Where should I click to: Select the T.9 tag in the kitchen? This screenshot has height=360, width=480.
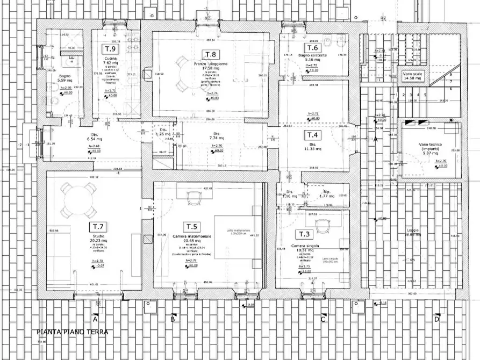108,49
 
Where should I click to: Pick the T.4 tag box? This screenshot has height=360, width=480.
313,135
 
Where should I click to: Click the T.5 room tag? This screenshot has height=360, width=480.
192,226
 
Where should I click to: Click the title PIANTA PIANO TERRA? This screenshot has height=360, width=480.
72,332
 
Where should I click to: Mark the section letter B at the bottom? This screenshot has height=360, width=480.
173,319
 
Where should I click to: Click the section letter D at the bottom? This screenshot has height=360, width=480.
436,319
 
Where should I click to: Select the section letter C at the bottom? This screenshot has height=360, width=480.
323,319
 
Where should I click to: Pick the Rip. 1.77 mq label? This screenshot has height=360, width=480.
326,195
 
